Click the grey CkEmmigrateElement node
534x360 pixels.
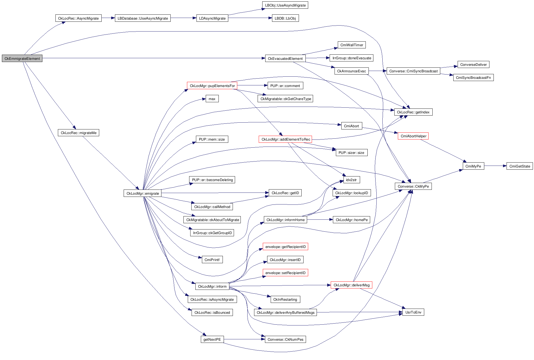click(x=22, y=58)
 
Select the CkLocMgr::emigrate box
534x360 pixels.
click(x=143, y=193)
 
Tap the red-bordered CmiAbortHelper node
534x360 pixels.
click(x=413, y=136)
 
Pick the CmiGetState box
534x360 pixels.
click(x=519, y=166)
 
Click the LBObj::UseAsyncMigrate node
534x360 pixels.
click(x=285, y=5)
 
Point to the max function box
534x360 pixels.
click(x=212, y=99)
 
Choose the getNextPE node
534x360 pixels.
click(x=212, y=339)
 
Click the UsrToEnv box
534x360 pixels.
click(x=413, y=312)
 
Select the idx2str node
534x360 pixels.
click(x=351, y=180)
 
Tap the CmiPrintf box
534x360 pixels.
click(x=212, y=260)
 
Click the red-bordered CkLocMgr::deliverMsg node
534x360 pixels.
click(x=351, y=285)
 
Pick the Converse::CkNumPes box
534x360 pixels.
click(x=285, y=339)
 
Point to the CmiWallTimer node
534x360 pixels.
click(x=351, y=45)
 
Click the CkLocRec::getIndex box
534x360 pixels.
click(x=413, y=112)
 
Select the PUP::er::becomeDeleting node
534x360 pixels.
click(x=212, y=180)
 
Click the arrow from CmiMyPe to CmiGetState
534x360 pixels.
click(x=495, y=166)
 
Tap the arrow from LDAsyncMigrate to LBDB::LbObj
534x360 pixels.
click(x=250, y=18)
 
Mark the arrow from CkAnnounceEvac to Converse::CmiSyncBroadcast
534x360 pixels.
click(x=378, y=71)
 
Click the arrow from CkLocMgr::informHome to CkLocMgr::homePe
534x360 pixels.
click(x=320, y=219)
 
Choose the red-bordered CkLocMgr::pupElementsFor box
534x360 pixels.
click(x=212, y=86)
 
